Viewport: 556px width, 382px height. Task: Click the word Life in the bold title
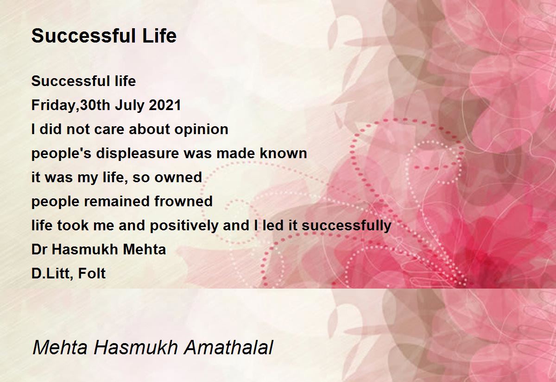click(159, 36)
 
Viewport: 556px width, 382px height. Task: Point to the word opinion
click(201, 130)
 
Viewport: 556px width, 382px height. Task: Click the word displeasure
click(138, 154)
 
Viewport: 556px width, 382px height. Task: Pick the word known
click(283, 153)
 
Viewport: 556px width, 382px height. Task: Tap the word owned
click(178, 177)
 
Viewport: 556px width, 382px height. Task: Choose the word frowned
click(183, 201)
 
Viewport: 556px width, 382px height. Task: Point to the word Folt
click(92, 273)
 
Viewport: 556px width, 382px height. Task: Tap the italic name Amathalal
click(228, 347)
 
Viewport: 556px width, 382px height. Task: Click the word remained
click(117, 201)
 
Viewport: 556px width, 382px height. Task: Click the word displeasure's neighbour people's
click(62, 154)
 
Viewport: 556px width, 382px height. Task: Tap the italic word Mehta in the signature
click(60, 347)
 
